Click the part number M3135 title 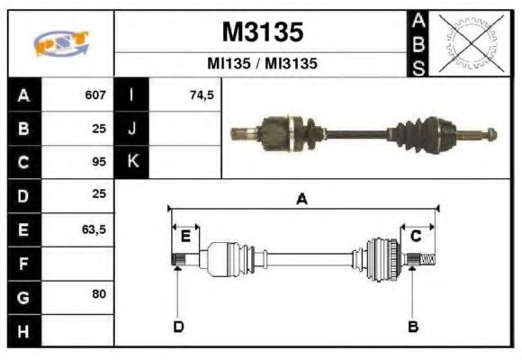pyautogui.click(x=262, y=32)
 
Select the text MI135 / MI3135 pyautogui.click(x=262, y=65)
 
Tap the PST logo pyautogui.click(x=60, y=43)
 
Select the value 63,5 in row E pyautogui.click(x=94, y=229)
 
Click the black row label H pyautogui.click(x=23, y=330)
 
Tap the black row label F pyautogui.click(x=23, y=263)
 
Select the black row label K pyautogui.click(x=132, y=162)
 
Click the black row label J pyautogui.click(x=132, y=129)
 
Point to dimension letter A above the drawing pyautogui.click(x=302, y=200)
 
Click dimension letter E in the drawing pyautogui.click(x=185, y=237)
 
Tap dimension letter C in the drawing pyautogui.click(x=416, y=236)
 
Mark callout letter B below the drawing pyautogui.click(x=413, y=326)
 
